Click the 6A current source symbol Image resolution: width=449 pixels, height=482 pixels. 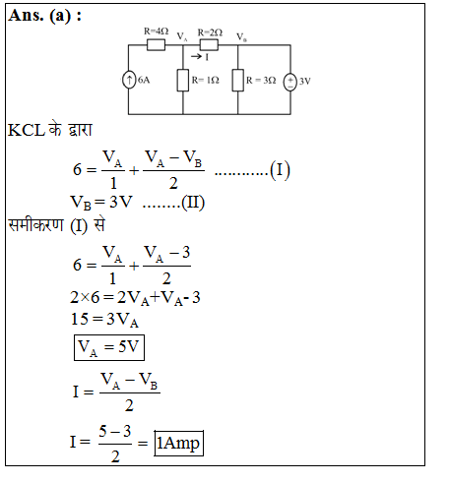click(129, 80)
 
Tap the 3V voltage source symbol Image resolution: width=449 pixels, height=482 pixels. click(290, 82)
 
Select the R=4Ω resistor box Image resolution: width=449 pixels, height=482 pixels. click(156, 44)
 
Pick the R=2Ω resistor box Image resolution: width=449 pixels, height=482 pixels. click(209, 44)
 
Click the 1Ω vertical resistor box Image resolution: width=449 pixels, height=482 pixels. click(183, 81)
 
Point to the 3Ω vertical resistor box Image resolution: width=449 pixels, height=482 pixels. click(238, 81)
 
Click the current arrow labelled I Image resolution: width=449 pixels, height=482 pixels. click(196, 57)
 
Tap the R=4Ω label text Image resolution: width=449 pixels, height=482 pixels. click(157, 31)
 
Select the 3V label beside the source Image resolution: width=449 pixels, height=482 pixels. click(305, 81)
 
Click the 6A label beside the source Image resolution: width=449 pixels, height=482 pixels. click(144, 80)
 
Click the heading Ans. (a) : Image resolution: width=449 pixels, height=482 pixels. click(45, 16)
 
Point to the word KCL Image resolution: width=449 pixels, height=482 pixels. click(27, 130)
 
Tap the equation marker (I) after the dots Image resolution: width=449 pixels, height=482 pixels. click(280, 170)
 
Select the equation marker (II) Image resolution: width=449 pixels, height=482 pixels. click(193, 203)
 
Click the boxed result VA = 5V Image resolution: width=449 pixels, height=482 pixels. click(109, 347)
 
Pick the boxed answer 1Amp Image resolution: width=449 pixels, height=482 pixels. click(179, 444)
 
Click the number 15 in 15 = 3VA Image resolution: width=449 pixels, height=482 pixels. click(80, 319)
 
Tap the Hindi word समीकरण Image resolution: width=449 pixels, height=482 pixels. click(35, 225)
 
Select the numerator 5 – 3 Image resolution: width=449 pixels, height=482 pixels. click(115, 431)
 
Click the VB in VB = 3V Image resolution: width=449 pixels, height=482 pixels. click(81, 203)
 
